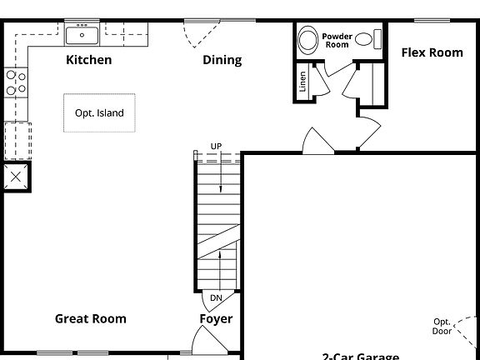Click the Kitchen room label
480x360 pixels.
coord(88,60)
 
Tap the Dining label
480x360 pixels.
coord(222,60)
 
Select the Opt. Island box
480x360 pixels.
coord(99,112)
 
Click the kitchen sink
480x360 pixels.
coord(82,34)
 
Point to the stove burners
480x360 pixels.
coord(15,82)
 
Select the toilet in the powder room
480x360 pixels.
coord(308,40)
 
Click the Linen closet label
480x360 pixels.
coord(302,81)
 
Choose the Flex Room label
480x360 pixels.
coord(432,52)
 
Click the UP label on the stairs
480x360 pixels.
coord(216,147)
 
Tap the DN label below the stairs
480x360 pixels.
coord(216,297)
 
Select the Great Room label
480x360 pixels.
coord(91,318)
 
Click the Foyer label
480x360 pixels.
coord(216,318)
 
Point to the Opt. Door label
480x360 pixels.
coord(442,326)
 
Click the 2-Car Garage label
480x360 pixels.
coord(360,356)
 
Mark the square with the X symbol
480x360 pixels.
coord(16,177)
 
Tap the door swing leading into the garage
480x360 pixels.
coord(317,142)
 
